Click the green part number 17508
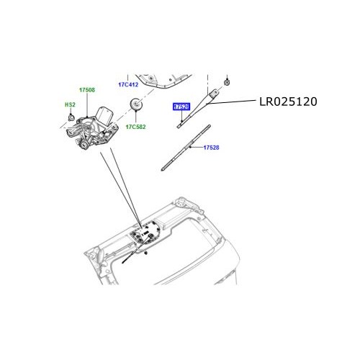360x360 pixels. (86, 90)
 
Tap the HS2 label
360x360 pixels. (70, 104)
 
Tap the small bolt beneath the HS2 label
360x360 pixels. (71, 115)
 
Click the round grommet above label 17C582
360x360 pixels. (135, 107)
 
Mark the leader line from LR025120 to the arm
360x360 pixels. (238, 103)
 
